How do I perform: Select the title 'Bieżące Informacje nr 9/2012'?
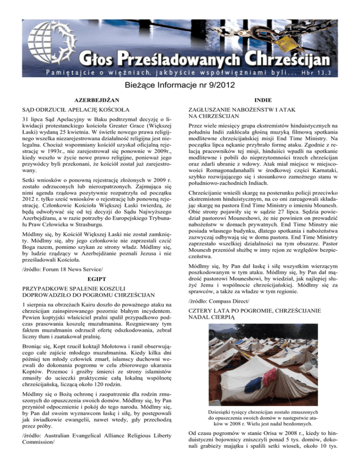180,87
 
